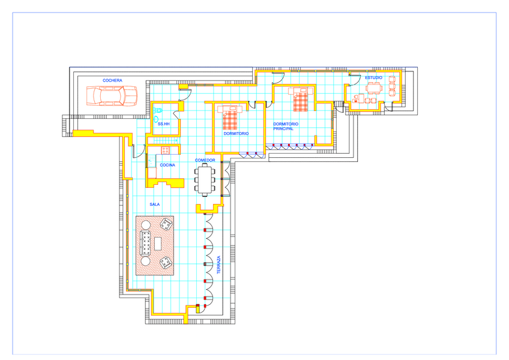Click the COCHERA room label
pos(112,80)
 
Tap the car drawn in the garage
pos(112,96)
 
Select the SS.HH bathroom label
pos(164,124)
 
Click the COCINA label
pos(167,165)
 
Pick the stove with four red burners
pos(165,150)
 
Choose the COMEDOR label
pos(205,160)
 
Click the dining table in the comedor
pos(205,179)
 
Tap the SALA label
pos(154,204)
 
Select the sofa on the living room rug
pos(145,243)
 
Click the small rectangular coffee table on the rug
pos(158,244)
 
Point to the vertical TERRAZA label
pos(218,265)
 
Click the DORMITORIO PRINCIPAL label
pos(286,126)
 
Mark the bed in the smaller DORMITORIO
pos(230,117)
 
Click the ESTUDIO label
pos(373,77)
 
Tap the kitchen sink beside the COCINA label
pos(151,160)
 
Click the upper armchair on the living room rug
pos(166,224)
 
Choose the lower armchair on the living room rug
pos(166,262)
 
